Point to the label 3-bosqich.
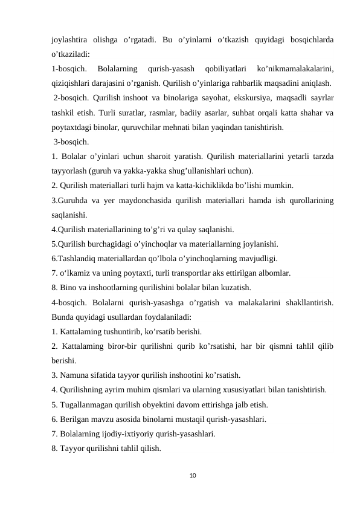pyautogui.click(x=71, y=142)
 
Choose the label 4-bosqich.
pyautogui.click(x=70, y=302)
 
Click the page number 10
pyautogui.click(x=180, y=476)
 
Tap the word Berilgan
pyautogui.click(x=75, y=419)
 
